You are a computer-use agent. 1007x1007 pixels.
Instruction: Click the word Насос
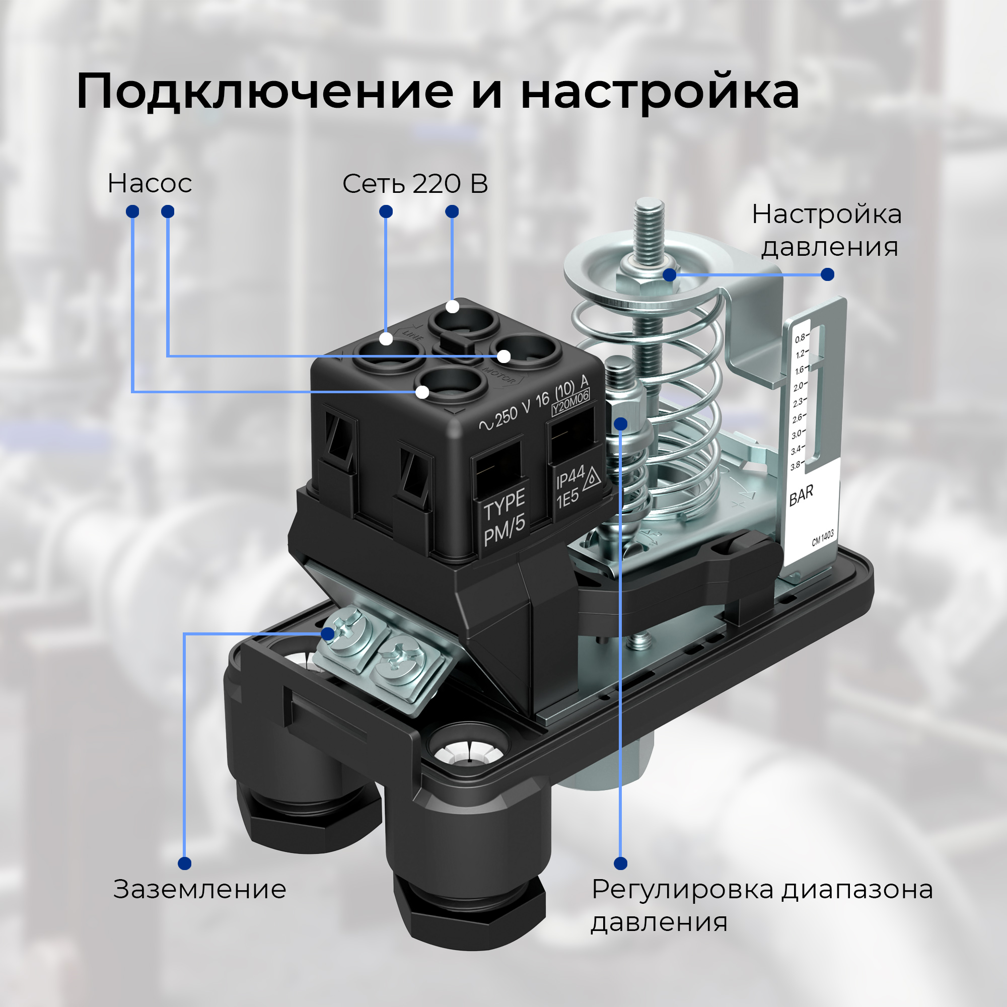tap(150, 183)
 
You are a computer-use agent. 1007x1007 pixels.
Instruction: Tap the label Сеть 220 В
tap(415, 183)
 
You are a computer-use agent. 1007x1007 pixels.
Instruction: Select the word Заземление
tap(199, 889)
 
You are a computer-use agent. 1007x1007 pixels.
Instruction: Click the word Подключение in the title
tap(265, 92)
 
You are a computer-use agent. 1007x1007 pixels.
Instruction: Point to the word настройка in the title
tap(660, 93)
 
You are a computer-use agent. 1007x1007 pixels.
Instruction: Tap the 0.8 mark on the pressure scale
tap(800, 339)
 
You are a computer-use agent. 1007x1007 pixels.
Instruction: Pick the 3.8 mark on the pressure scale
tap(796, 466)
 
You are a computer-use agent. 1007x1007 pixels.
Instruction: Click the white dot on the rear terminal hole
tap(453, 307)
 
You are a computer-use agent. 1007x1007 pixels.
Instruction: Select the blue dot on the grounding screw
tap(327, 634)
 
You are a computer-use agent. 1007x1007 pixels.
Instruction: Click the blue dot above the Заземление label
tap(184, 863)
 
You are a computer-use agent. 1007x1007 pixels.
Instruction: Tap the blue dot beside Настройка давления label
tap(827, 274)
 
